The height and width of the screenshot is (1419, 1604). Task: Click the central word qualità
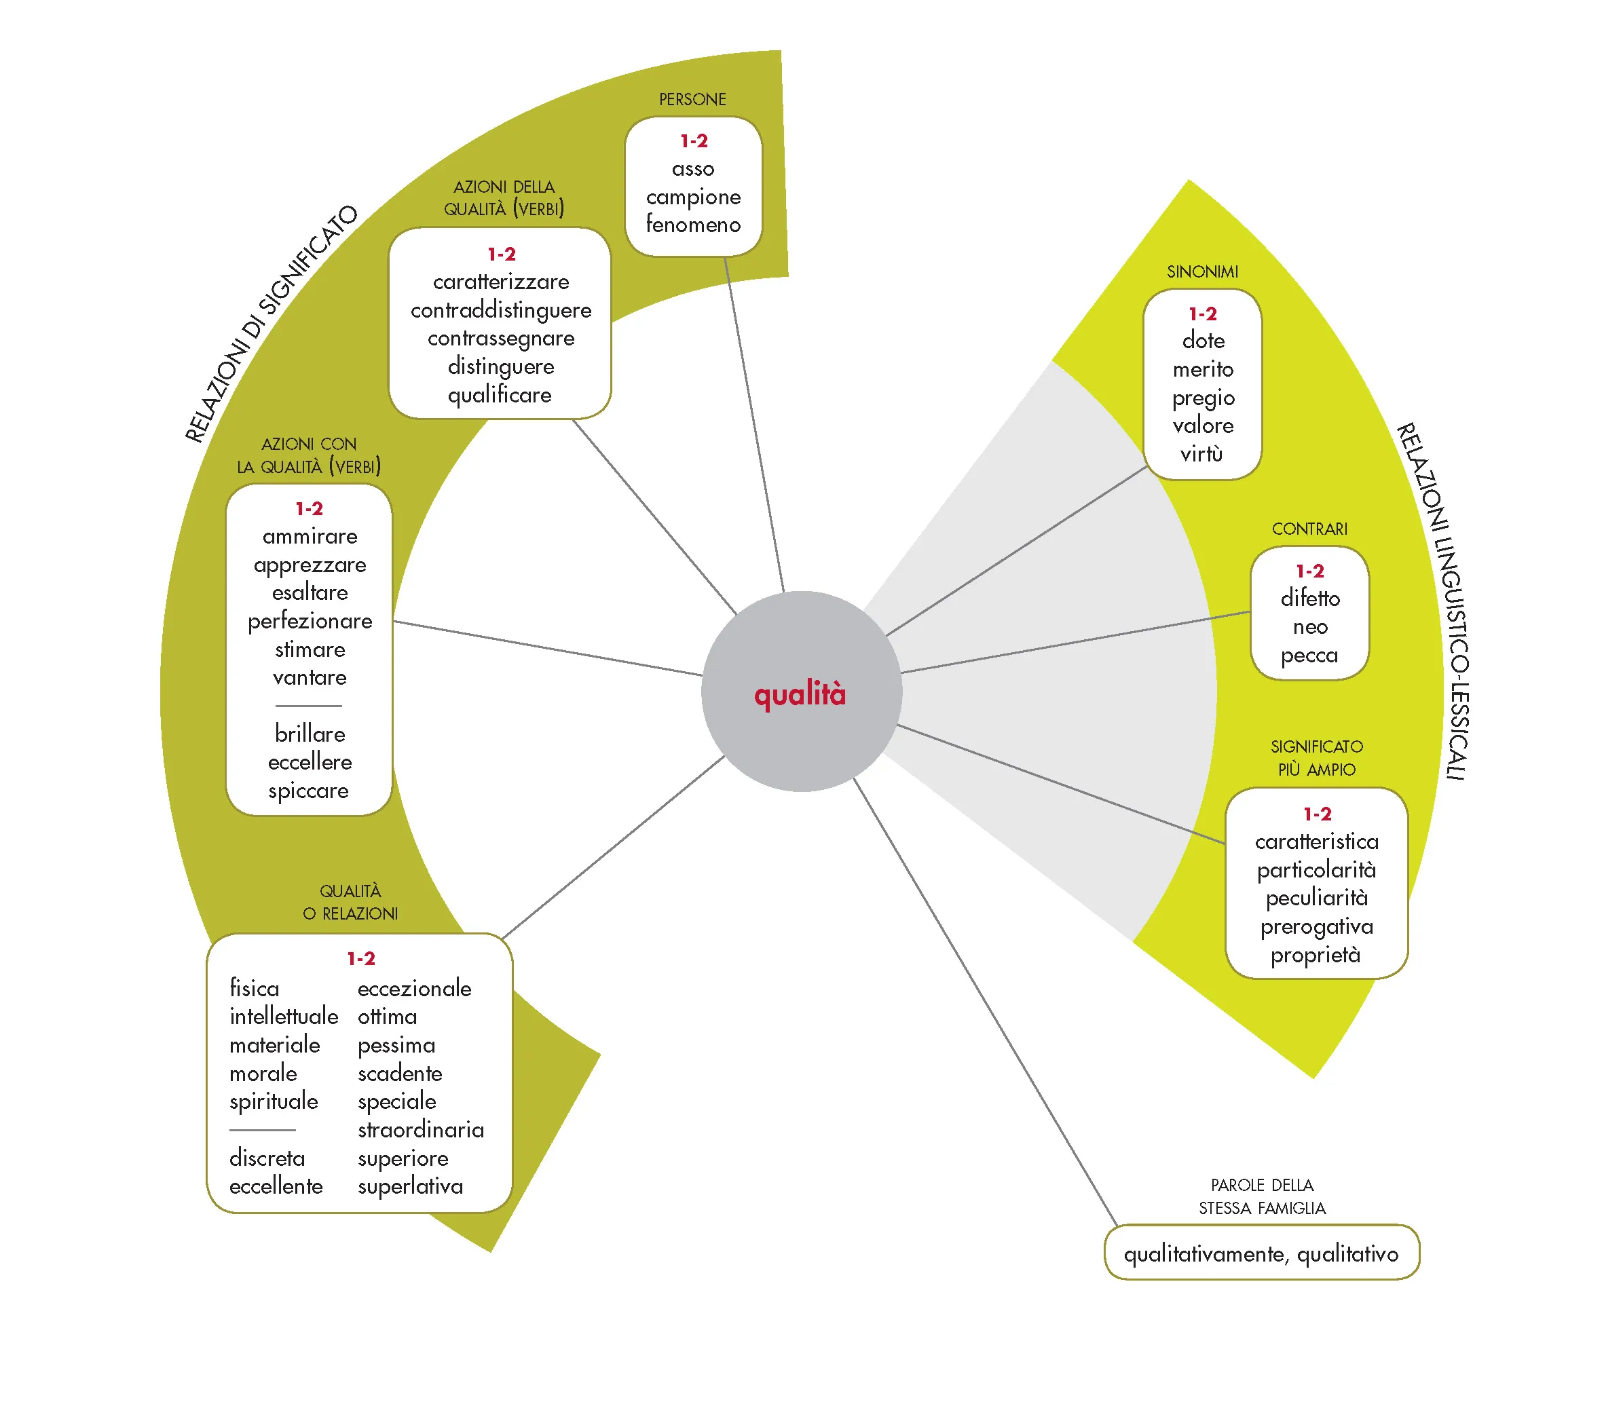pyautogui.click(x=800, y=695)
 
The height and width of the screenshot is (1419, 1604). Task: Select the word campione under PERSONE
pyautogui.click(x=693, y=197)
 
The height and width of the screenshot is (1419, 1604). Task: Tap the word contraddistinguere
pyautogui.click(x=501, y=311)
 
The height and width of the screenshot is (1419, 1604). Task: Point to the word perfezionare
pyautogui.click(x=310, y=621)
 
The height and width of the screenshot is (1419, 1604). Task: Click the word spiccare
pyautogui.click(x=308, y=791)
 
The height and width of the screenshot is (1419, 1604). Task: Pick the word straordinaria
pyautogui.click(x=421, y=1129)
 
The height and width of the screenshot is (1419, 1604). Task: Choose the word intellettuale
pyautogui.click(x=283, y=1017)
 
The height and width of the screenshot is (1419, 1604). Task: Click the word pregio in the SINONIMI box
pyautogui.click(x=1203, y=398)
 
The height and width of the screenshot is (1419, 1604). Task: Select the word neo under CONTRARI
pyautogui.click(x=1309, y=627)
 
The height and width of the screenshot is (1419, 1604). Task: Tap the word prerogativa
pyautogui.click(x=1316, y=927)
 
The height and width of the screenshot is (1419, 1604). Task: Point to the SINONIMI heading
pyautogui.click(x=1202, y=272)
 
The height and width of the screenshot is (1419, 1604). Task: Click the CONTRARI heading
pyautogui.click(x=1309, y=529)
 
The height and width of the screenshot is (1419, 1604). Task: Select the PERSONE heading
pyautogui.click(x=692, y=100)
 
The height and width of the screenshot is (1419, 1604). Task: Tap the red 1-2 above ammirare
pyautogui.click(x=309, y=509)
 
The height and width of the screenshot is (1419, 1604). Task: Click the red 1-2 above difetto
pyautogui.click(x=1309, y=571)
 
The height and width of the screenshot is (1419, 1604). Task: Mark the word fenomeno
pyautogui.click(x=693, y=225)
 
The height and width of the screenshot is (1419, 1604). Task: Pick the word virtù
pyautogui.click(x=1201, y=454)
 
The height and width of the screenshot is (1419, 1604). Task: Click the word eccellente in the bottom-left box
pyautogui.click(x=276, y=1186)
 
